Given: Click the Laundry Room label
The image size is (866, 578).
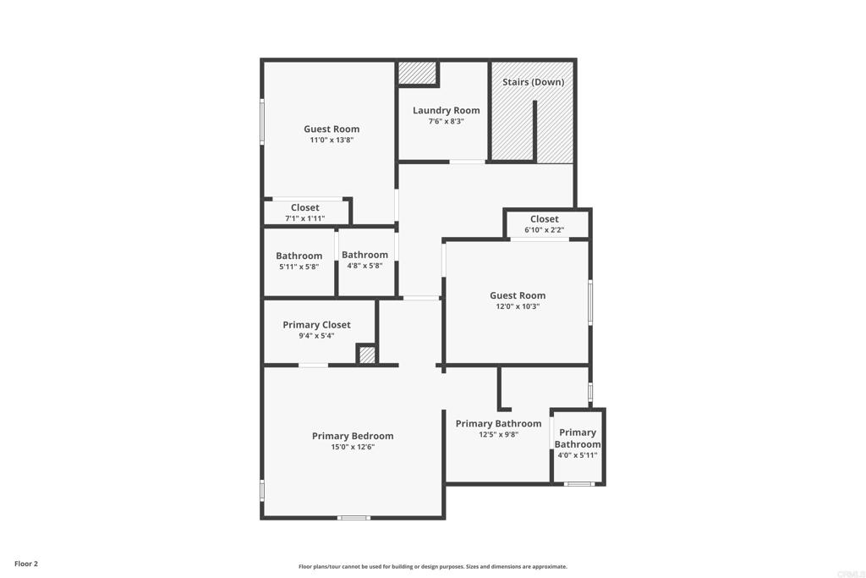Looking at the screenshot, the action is pyautogui.click(x=447, y=111).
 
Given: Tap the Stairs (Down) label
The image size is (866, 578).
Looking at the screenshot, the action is pyautogui.click(x=533, y=82).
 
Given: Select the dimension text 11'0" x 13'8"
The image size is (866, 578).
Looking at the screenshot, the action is pyautogui.click(x=332, y=140).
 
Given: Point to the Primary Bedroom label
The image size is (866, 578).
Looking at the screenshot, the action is pyautogui.click(x=353, y=436).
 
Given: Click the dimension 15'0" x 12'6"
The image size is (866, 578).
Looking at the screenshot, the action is pyautogui.click(x=353, y=447).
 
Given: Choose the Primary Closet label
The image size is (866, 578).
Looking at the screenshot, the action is pyautogui.click(x=316, y=325).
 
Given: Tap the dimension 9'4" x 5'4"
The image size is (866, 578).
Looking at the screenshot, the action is pyautogui.click(x=316, y=336).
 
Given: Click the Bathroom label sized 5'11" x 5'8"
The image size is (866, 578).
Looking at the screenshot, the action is pyautogui.click(x=299, y=256).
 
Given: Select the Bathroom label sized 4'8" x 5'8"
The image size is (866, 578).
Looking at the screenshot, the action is pyautogui.click(x=364, y=255).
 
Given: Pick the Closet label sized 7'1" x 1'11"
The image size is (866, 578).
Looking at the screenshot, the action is pyautogui.click(x=304, y=208).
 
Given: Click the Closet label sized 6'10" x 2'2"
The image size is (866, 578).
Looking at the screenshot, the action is pyautogui.click(x=544, y=219).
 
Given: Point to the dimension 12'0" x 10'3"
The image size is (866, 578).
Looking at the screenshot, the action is pyautogui.click(x=518, y=306).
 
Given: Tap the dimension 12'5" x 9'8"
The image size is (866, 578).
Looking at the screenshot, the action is pyautogui.click(x=498, y=435).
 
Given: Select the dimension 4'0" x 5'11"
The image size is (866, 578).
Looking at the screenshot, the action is pyautogui.click(x=577, y=456).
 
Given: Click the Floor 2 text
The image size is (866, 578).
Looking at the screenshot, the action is pyautogui.click(x=26, y=564).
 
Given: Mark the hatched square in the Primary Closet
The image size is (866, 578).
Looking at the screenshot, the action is pyautogui.click(x=367, y=355).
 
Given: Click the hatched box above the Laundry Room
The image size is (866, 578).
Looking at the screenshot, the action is pyautogui.click(x=418, y=73).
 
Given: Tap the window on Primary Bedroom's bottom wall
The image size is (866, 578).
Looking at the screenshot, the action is pyautogui.click(x=354, y=518).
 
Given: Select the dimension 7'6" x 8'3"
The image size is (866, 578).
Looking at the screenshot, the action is pyautogui.click(x=447, y=122).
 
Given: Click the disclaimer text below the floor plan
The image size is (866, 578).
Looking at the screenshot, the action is pyautogui.click(x=433, y=566).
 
